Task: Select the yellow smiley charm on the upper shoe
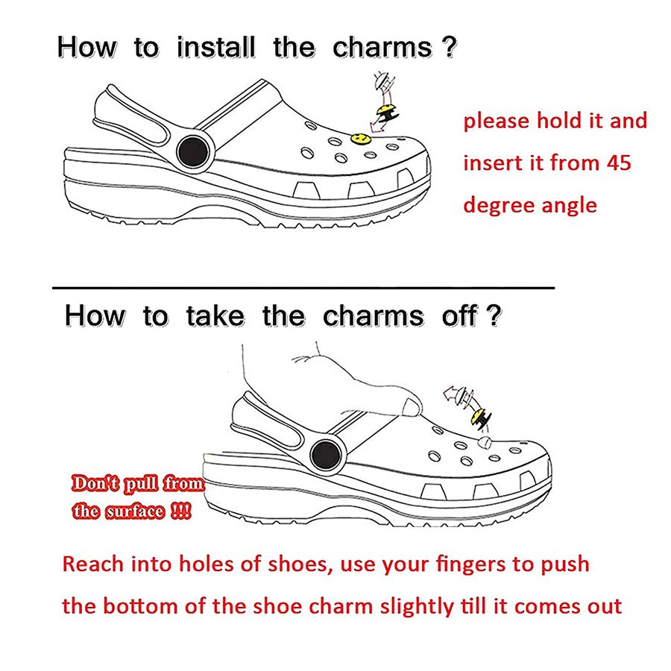pyautogui.click(x=360, y=139)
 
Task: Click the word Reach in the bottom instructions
pyautogui.click(x=92, y=564)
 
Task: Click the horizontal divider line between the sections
pyautogui.click(x=303, y=286)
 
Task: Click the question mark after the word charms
pyautogui.click(x=448, y=48)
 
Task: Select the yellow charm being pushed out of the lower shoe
pyautogui.click(x=474, y=422)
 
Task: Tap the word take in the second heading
pyautogui.click(x=215, y=315)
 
